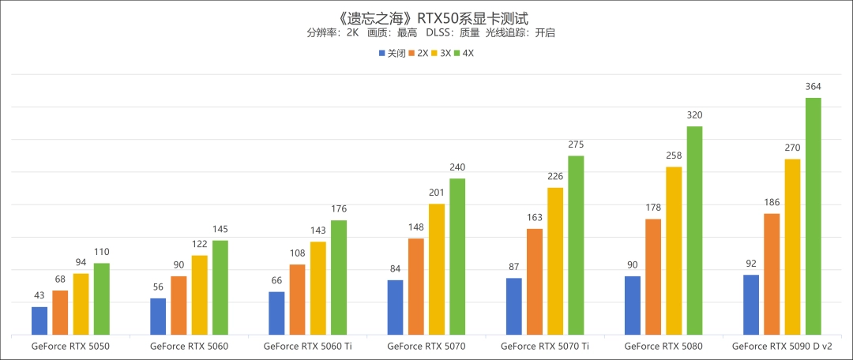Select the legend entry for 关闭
(392, 54)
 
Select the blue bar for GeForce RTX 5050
(39, 321)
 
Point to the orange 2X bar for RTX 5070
(416, 286)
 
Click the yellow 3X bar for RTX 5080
(674, 250)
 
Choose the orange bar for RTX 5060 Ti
(298, 299)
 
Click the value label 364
(813, 87)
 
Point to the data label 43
(39, 296)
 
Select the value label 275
(576, 144)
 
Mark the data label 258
(674, 156)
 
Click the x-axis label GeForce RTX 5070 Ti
(545, 346)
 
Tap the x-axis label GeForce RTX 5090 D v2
(782, 346)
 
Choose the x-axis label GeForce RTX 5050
(70, 346)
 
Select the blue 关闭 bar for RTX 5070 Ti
(514, 306)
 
